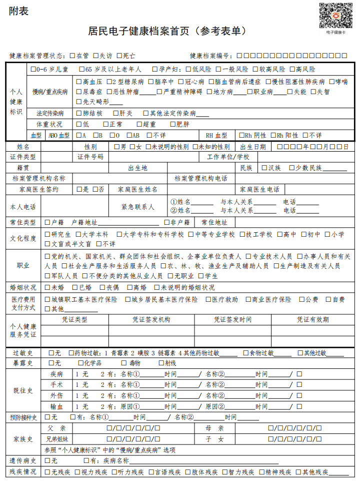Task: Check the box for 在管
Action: click(x=73, y=56)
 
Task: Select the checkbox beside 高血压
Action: click(x=79, y=82)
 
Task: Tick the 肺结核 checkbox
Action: click(x=79, y=113)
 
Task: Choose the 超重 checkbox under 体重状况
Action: click(x=139, y=124)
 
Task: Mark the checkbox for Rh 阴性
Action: click(x=242, y=135)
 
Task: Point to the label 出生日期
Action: click(x=253, y=147)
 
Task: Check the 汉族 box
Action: click(x=264, y=168)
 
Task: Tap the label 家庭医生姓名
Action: click(x=137, y=190)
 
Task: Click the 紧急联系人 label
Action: click(x=138, y=206)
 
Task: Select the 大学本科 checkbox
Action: click(x=78, y=234)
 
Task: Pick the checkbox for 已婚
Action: click(x=75, y=287)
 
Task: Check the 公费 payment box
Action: click(x=302, y=299)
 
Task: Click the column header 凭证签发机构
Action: click(x=151, y=319)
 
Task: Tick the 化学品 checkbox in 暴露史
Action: click(x=81, y=363)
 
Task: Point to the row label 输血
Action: click(x=56, y=406)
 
